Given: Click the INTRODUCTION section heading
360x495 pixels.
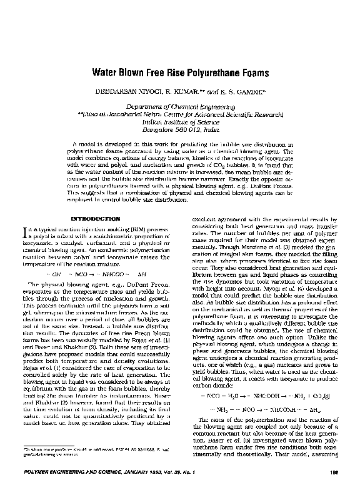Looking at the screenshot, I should click(97, 219).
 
